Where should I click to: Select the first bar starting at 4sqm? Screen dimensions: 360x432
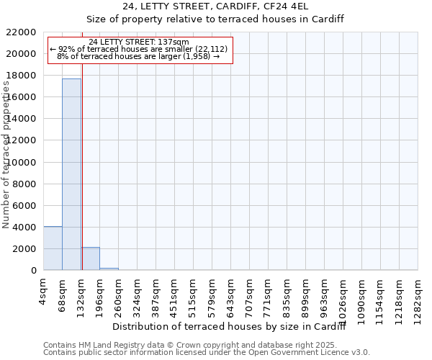53,248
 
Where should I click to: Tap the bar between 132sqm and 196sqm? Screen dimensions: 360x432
90,258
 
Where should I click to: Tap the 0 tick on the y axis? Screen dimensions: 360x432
34,271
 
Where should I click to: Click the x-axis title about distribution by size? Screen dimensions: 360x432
230,327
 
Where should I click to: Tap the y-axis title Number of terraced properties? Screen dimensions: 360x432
6,155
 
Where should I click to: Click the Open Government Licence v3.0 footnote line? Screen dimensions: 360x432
207,353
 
